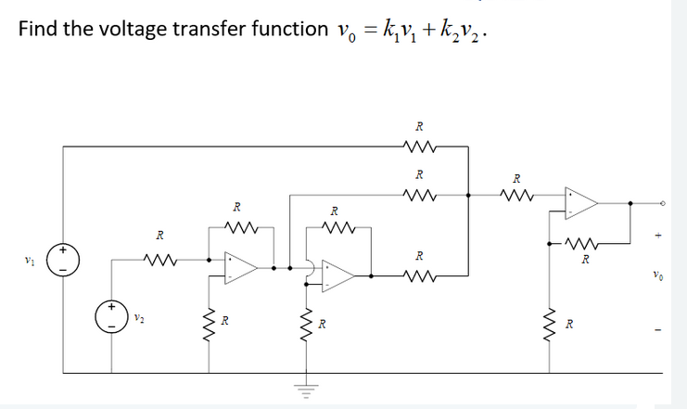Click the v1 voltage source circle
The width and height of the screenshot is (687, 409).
tap(63, 261)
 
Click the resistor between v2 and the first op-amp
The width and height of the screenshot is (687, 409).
tap(159, 259)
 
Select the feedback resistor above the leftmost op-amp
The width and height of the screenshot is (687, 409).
tap(238, 226)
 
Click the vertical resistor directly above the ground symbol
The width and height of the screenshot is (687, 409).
tap(302, 325)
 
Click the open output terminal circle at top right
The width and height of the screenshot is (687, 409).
tap(662, 203)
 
